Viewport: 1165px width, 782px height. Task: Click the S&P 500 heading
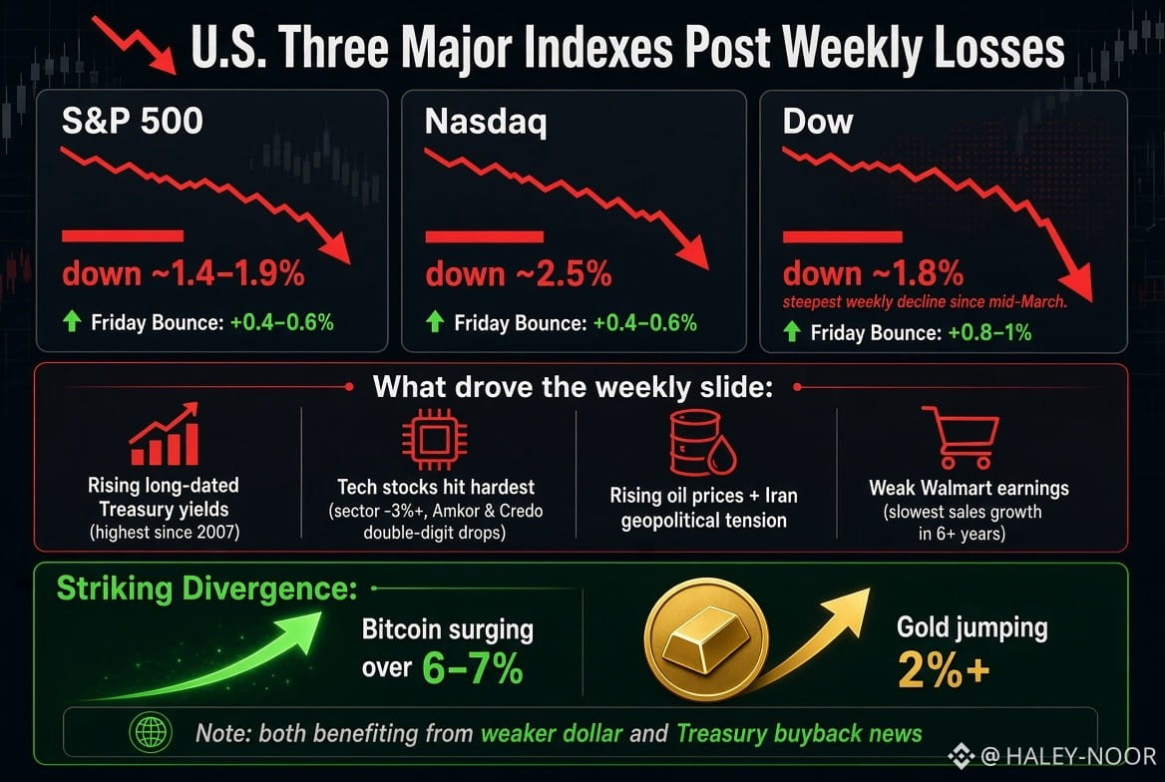point(133,121)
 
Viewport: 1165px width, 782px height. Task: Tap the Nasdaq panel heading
point(486,122)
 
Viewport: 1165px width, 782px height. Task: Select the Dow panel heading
point(818,121)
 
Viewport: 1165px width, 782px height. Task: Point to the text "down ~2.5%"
point(519,274)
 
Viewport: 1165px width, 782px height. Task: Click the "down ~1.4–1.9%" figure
point(184,273)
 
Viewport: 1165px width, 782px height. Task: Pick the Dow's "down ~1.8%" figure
point(873,273)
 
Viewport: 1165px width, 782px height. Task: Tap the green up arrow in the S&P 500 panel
point(72,322)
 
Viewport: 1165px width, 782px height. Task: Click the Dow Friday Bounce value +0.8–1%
point(989,332)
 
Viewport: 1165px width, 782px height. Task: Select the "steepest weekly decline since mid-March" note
point(925,302)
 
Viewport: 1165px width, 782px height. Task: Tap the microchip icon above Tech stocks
point(435,439)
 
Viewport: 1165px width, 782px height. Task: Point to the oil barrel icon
point(702,444)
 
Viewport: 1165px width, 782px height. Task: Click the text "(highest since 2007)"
point(165,533)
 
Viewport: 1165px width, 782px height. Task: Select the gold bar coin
point(706,640)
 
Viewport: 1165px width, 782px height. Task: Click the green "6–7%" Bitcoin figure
point(473,668)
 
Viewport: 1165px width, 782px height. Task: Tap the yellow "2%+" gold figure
point(944,669)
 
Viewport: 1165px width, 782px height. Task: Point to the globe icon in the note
point(151,732)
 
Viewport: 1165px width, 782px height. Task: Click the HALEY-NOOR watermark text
point(1080,757)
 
